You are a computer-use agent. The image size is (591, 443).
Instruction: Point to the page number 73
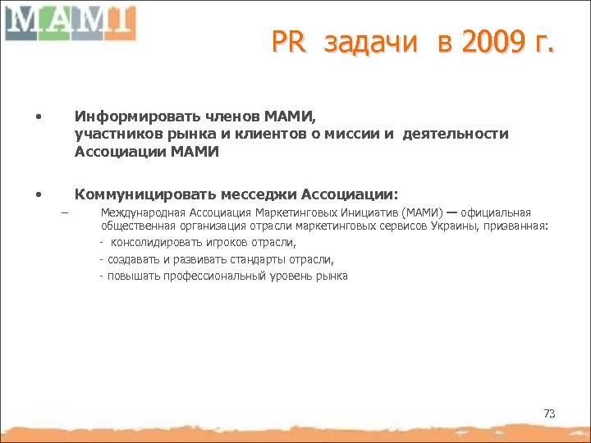coord(549,413)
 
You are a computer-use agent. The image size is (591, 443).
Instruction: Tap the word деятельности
coord(456,133)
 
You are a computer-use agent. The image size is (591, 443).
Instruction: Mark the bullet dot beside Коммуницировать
coord(38,195)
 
